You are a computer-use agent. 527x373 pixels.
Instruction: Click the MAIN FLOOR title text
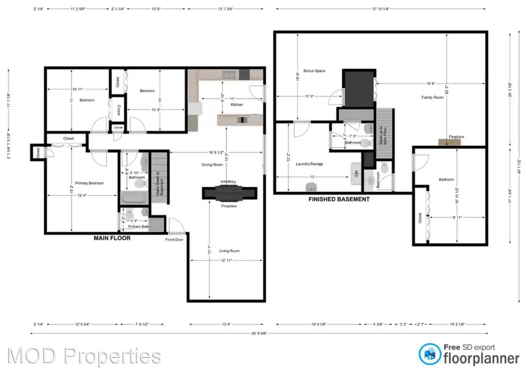[112, 238]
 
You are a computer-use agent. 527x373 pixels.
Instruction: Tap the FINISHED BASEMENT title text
[339, 199]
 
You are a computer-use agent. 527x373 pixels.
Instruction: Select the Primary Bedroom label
[89, 183]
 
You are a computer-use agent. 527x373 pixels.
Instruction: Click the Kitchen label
[237, 105]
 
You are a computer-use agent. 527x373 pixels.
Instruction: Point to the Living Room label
[229, 251]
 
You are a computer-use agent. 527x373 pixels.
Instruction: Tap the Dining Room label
[212, 165]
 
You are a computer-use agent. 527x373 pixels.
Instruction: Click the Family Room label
[432, 97]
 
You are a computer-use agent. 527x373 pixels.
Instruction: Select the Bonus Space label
[314, 71]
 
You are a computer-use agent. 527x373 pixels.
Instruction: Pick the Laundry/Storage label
[309, 164]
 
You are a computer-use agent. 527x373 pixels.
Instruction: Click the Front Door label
[174, 240]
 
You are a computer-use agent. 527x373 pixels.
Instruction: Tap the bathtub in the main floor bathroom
[134, 198]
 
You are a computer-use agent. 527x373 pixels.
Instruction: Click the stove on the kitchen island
[242, 120]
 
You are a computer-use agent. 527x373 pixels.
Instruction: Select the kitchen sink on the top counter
[228, 74]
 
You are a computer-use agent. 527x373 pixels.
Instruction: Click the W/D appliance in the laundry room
[356, 171]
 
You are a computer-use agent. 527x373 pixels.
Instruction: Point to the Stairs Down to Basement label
[159, 183]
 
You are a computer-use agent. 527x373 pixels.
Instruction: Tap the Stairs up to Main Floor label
[383, 135]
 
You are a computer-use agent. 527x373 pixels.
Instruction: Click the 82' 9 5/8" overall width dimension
[259, 334]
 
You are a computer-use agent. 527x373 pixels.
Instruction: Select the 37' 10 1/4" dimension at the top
[380, 9]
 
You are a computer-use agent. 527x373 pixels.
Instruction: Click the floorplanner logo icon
[430, 354]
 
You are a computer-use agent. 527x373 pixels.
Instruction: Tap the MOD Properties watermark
[84, 356]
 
